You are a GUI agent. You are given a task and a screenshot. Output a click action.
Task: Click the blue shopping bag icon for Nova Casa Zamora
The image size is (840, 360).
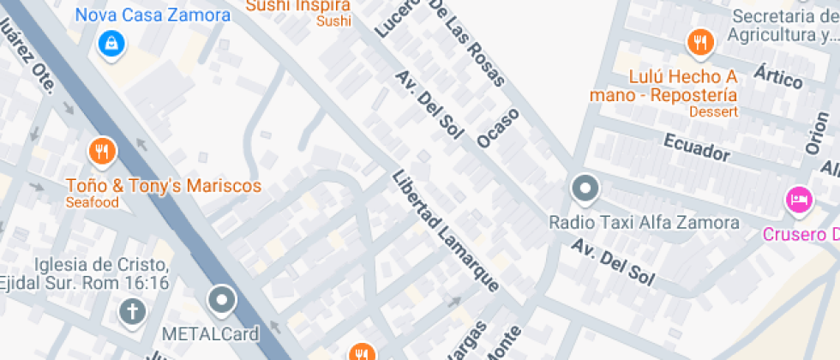[111, 42]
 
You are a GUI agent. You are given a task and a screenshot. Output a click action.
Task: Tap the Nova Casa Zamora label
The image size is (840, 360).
[153, 15]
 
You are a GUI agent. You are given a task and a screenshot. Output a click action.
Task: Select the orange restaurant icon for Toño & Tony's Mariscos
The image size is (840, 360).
[102, 152]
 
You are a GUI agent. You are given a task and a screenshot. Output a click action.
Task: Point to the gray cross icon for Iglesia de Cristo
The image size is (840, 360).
[132, 311]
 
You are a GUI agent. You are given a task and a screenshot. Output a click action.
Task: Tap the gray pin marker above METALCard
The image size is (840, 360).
[223, 300]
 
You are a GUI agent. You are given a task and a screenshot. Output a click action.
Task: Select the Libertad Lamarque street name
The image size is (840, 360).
[446, 231]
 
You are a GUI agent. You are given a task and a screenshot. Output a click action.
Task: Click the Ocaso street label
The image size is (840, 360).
[499, 128]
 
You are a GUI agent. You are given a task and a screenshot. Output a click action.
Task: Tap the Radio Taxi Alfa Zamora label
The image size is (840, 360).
[644, 223]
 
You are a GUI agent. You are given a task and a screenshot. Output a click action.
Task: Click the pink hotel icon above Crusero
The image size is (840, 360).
[799, 201]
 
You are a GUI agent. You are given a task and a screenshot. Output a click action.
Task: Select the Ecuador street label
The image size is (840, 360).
[695, 147]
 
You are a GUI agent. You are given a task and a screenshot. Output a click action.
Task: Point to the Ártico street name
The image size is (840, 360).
[778, 76]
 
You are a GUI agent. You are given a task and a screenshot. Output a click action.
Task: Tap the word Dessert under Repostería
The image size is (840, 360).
[713, 111]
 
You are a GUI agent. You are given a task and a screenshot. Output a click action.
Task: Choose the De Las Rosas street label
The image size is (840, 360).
[472, 42]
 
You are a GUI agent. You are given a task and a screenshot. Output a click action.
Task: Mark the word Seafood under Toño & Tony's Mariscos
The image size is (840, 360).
[92, 202]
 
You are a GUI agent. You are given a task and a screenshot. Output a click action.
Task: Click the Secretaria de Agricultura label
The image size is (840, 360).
[783, 26]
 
